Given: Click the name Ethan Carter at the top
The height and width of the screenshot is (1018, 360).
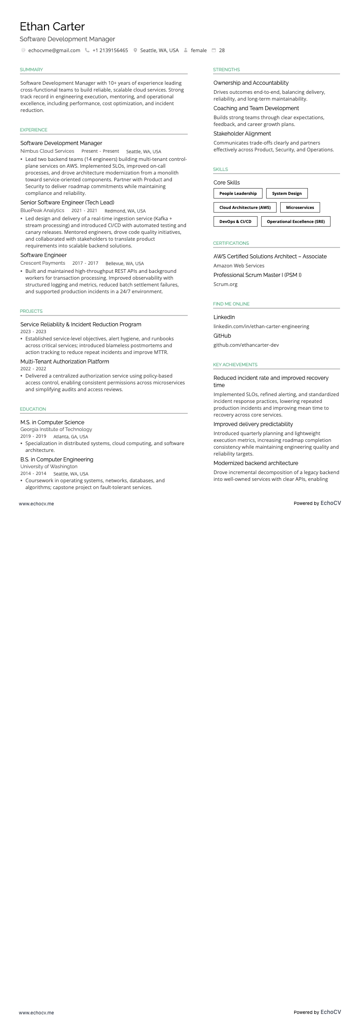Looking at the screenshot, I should pyautogui.click(x=52, y=27).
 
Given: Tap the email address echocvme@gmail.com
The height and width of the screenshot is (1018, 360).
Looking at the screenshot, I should pyautogui.click(x=54, y=50).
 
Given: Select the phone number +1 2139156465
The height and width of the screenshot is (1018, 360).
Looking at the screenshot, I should pyautogui.click(x=110, y=50).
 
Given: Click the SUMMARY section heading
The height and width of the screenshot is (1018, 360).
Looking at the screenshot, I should pyautogui.click(x=31, y=70).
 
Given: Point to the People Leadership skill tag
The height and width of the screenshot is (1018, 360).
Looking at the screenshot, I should pyautogui.click(x=238, y=194).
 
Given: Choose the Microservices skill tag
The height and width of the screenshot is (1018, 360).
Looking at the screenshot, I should pyautogui.click(x=300, y=208).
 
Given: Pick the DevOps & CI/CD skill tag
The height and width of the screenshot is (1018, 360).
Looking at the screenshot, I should pyautogui.click(x=235, y=222).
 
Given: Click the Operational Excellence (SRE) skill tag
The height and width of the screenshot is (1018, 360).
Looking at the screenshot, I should pyautogui.click(x=296, y=222).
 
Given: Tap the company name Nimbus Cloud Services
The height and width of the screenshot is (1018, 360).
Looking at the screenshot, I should pyautogui.click(x=47, y=151).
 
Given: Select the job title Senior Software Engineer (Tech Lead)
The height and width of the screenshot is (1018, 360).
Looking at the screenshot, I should pyautogui.click(x=67, y=203).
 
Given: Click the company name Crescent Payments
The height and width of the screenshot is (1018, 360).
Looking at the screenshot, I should pyautogui.click(x=43, y=263).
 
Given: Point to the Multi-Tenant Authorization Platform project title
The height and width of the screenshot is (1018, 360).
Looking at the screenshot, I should pyautogui.click(x=64, y=362).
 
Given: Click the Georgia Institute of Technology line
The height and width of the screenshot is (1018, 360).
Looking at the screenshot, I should pyautogui.click(x=56, y=429).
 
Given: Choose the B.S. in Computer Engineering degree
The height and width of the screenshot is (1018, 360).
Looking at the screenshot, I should pyautogui.click(x=57, y=460).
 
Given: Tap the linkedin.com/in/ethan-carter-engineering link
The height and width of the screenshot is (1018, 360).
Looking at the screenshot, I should pyautogui.click(x=261, y=326).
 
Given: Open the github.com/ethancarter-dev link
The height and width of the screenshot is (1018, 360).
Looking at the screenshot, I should pyautogui.click(x=246, y=345).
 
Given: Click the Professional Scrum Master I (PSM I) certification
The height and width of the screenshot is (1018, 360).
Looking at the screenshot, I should pyautogui.click(x=257, y=275).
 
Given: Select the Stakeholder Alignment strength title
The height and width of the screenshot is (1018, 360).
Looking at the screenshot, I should pyautogui.click(x=242, y=134).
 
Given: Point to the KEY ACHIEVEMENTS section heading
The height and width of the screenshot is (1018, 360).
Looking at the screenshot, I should pyautogui.click(x=235, y=365).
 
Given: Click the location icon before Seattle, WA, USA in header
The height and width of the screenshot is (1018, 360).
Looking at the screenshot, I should pyautogui.click(x=135, y=50).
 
